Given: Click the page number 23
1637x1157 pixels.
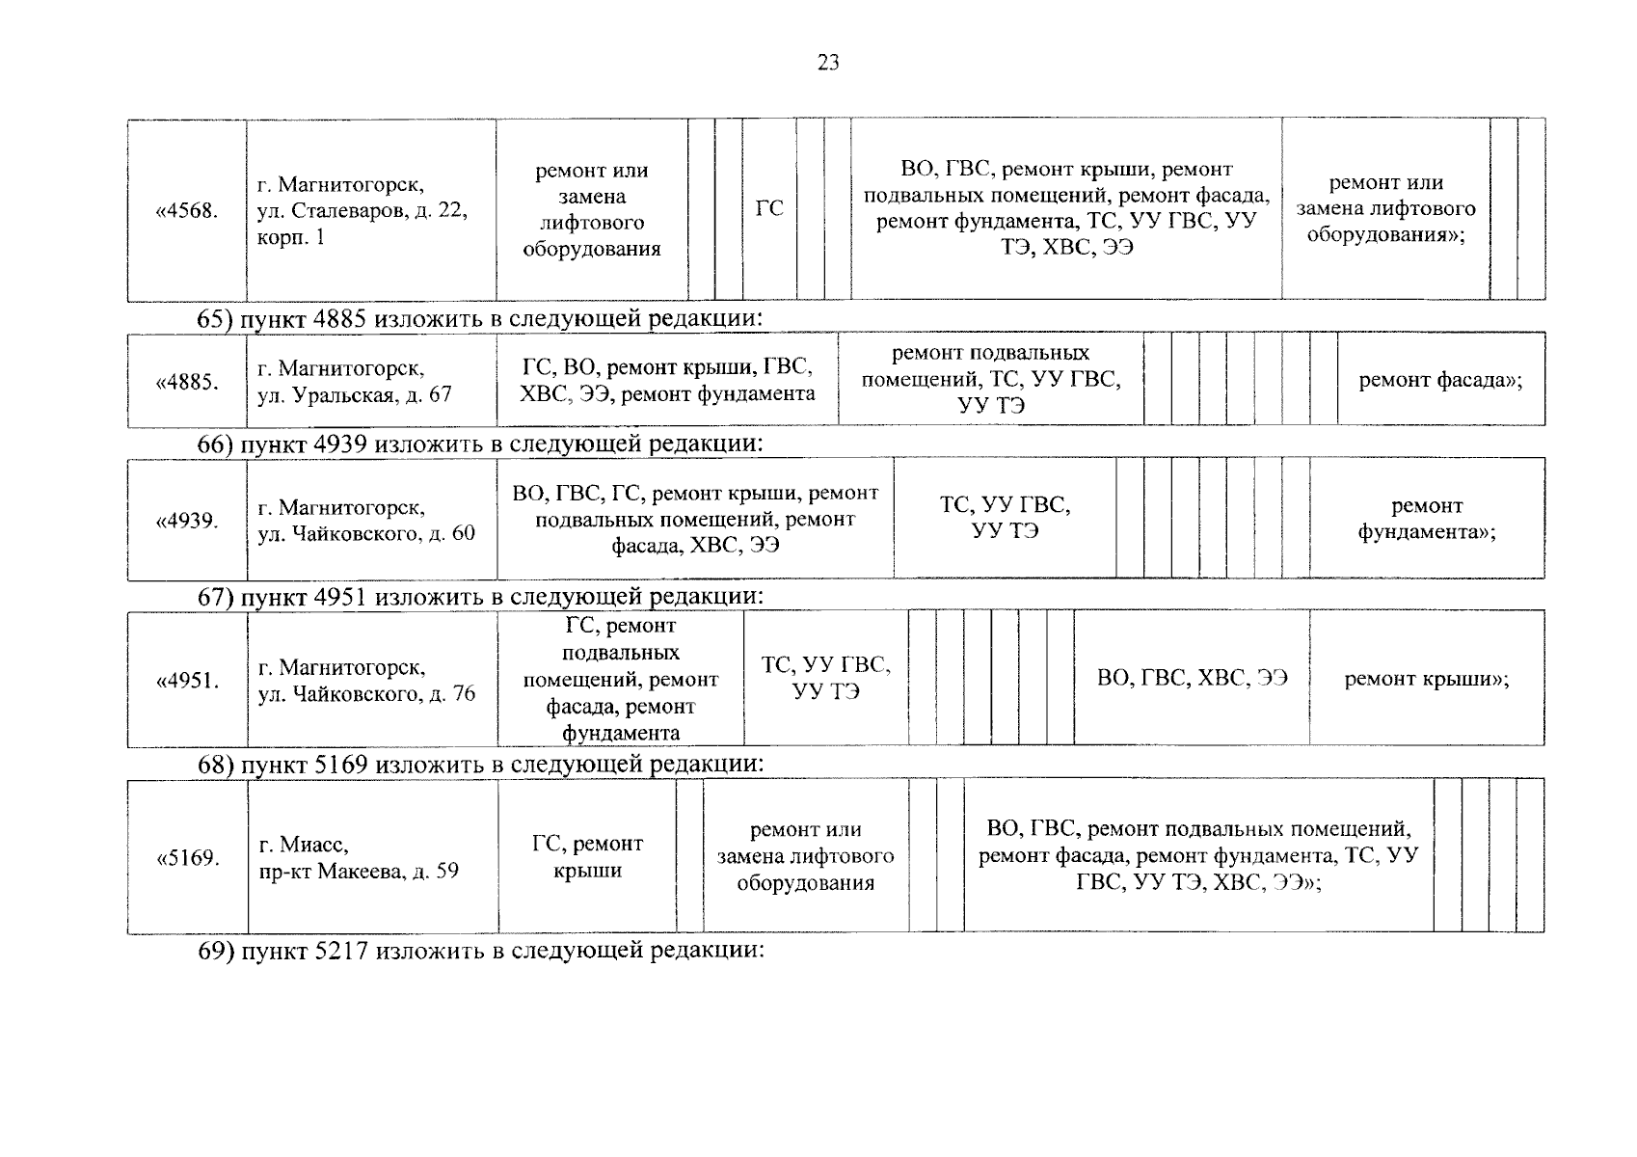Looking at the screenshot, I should tap(828, 64).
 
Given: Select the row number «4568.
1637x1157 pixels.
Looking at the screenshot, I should tap(187, 210).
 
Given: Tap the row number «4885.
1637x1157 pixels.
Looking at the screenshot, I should tap(187, 382).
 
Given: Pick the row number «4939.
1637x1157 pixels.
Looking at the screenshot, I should tap(187, 521).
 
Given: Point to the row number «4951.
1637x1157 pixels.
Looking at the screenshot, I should tap(187, 681).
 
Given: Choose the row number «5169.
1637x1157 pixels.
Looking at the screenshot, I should tap(187, 858).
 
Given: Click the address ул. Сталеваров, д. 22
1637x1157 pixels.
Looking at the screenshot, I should tap(362, 210).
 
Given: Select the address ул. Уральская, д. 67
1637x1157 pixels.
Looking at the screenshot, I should tap(355, 395).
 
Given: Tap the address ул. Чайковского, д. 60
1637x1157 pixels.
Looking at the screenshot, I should tap(366, 533).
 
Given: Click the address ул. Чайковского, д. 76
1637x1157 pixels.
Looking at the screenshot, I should tap(366, 694).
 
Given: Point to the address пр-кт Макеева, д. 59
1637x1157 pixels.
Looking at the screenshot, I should tap(359, 872).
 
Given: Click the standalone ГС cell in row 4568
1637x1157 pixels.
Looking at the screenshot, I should tap(769, 208).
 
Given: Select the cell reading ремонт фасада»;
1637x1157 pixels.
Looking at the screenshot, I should tap(1440, 380).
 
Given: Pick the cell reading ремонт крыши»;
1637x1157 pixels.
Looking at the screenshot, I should tap(1427, 679).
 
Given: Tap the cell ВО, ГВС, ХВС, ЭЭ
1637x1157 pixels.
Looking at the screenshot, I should tap(1192, 678).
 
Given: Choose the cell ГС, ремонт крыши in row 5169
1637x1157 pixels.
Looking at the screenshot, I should tap(587, 857).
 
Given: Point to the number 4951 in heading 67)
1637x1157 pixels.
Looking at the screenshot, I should tap(340, 597).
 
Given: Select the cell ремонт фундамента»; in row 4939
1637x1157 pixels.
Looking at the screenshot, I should tap(1427, 519).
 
